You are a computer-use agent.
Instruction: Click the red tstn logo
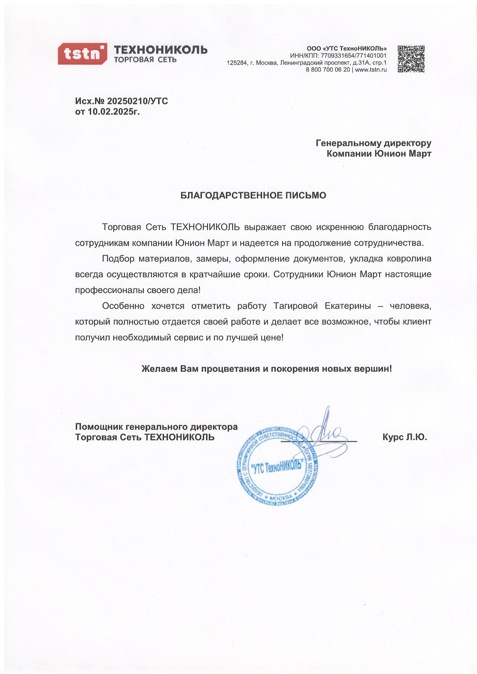coord(82,54)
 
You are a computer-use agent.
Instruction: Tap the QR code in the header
coord(411,59)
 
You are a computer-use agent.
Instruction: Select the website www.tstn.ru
coord(371,70)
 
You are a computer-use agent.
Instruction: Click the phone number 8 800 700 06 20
coord(328,70)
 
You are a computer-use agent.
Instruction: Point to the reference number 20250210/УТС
coord(138,101)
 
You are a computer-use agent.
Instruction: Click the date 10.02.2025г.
coord(114,112)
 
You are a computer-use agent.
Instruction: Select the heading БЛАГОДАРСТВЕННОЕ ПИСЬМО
coord(253,195)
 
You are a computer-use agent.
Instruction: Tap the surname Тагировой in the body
coord(296,306)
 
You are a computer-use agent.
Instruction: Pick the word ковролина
coord(411,259)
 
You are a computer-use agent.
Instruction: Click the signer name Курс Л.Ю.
coord(405,437)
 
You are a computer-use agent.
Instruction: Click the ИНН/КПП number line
coord(338,56)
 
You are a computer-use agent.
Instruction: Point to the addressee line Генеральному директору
coord(373,143)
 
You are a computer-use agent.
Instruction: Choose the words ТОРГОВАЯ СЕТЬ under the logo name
coord(145,60)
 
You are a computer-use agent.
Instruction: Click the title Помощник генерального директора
coord(156,427)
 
